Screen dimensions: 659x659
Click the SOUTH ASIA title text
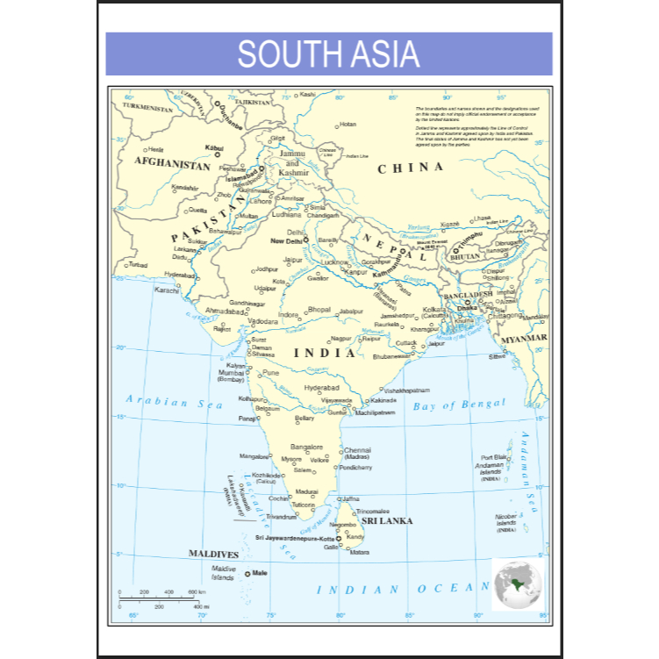(328, 54)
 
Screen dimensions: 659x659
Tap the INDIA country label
(325, 353)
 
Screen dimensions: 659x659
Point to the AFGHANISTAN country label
(172, 164)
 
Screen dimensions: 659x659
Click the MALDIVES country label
(214, 555)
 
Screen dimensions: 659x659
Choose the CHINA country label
(410, 168)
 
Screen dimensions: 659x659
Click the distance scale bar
(163, 597)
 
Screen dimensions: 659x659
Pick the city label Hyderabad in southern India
(321, 387)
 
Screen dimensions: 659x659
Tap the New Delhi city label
(287, 240)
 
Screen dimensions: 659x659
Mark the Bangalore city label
(307, 447)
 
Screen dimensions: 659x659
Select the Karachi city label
(167, 290)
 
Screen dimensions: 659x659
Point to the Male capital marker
(248, 573)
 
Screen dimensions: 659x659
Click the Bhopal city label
(319, 310)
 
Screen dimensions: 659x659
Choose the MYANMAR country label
(526, 338)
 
